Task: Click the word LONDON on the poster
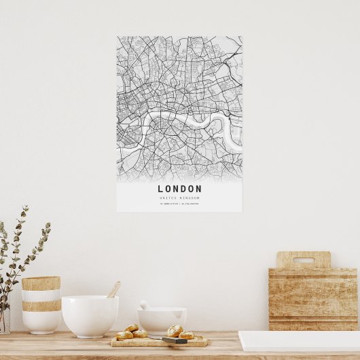(x=179, y=189)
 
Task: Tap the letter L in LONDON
(x=161, y=189)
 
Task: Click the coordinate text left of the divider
(x=169, y=204)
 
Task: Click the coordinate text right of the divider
(x=190, y=204)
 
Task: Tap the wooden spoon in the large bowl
(x=113, y=289)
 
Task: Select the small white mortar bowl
(x=162, y=321)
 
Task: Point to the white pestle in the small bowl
(x=145, y=305)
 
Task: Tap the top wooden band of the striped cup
(x=41, y=283)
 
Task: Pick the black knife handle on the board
(x=175, y=340)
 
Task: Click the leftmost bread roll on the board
(x=124, y=335)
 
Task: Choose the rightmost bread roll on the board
(x=186, y=334)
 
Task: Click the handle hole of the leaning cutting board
(x=303, y=260)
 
